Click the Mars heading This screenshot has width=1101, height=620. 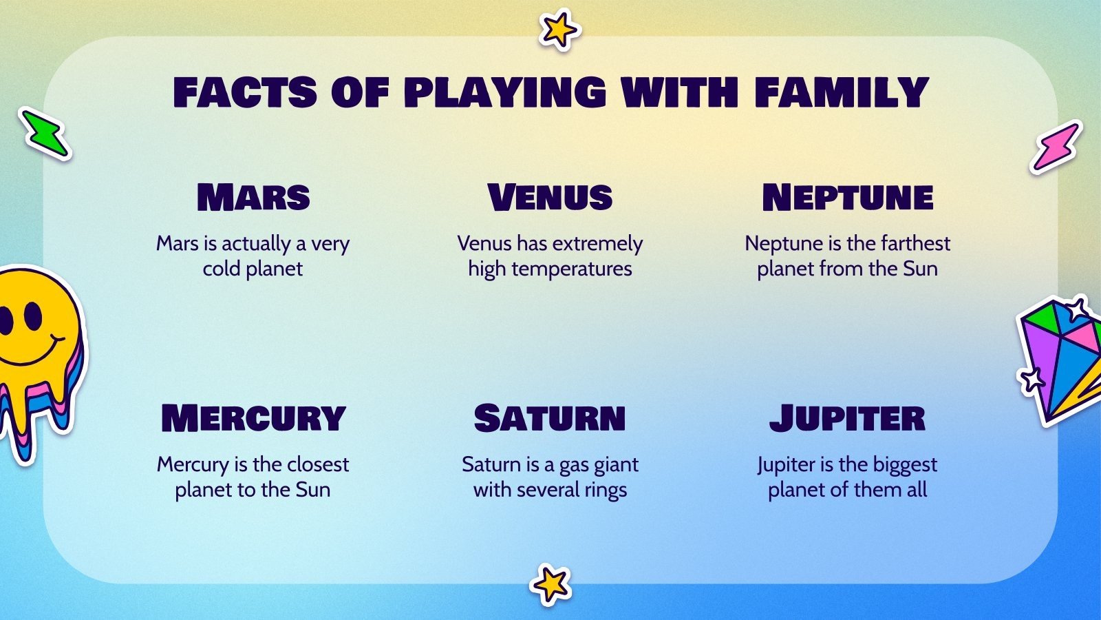point(253,198)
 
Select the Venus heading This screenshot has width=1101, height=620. point(550,198)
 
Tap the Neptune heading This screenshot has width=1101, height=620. point(847,198)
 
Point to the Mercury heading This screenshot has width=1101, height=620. point(253,419)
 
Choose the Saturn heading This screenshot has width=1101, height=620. point(550,419)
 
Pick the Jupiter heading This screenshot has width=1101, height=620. point(847,419)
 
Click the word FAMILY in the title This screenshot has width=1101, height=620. point(842,93)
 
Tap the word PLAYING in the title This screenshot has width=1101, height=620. point(505,93)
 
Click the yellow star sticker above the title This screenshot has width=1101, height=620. point(558,30)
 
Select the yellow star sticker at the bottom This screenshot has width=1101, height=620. point(550,585)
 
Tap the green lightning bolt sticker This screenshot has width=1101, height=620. point(45,134)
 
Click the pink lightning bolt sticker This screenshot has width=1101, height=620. point(1056,146)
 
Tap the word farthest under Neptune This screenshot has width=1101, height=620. point(915,243)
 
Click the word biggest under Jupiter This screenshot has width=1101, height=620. point(905,465)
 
